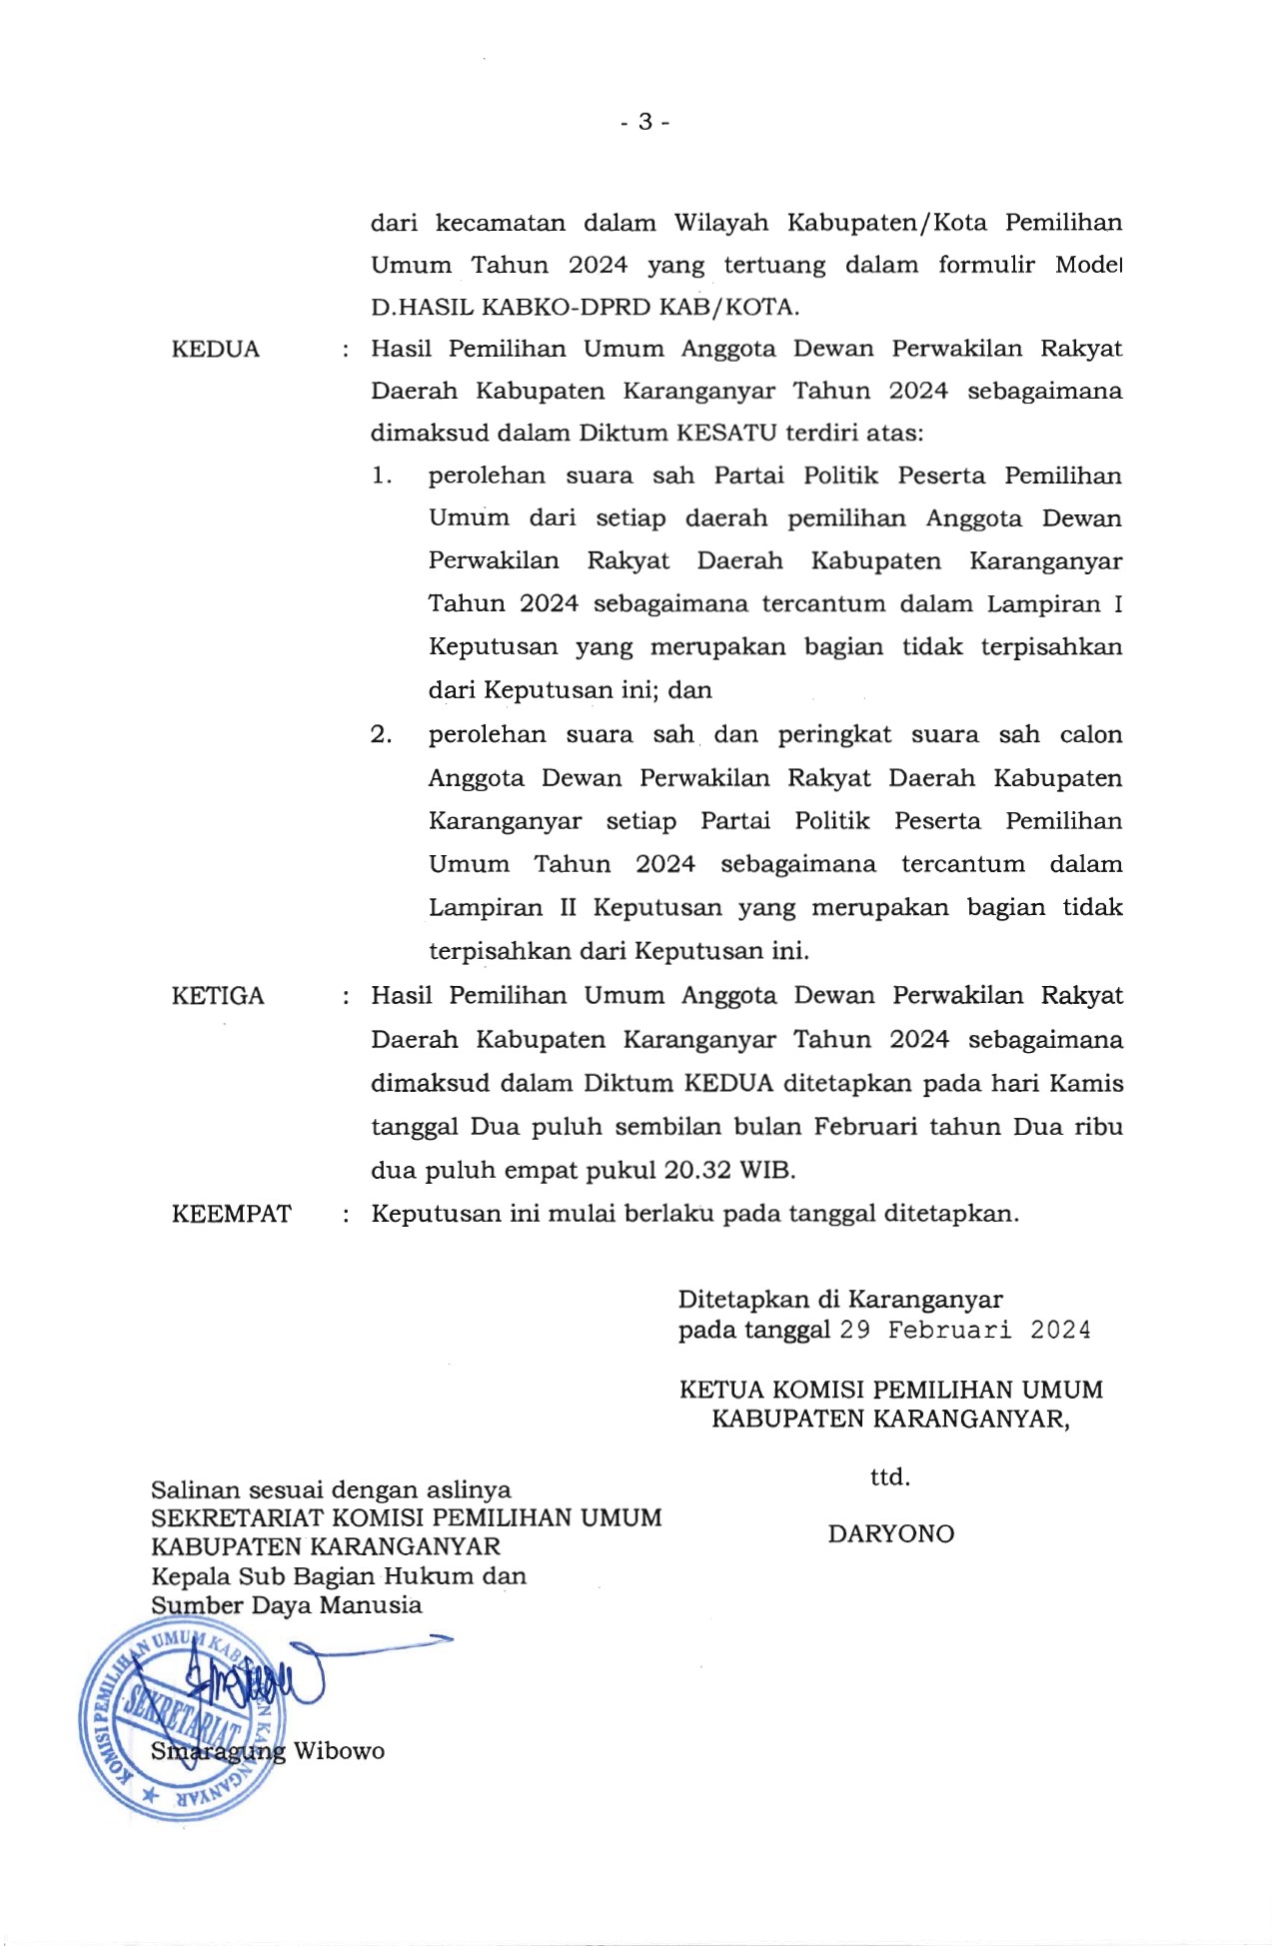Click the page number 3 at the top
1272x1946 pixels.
coord(644,122)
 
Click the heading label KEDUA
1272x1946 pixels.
coord(215,350)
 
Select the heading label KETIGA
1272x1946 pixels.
coord(218,996)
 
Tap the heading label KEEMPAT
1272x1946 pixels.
coord(231,1214)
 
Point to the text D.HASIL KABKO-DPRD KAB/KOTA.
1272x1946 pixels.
coord(585,307)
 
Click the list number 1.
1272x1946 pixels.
coord(381,476)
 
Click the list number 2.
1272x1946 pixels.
coord(381,735)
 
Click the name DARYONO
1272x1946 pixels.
coord(890,1533)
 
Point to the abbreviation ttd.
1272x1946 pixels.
coord(889,1476)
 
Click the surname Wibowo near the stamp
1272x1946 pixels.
coord(339,1751)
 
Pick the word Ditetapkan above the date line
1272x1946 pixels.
coord(742,1300)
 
